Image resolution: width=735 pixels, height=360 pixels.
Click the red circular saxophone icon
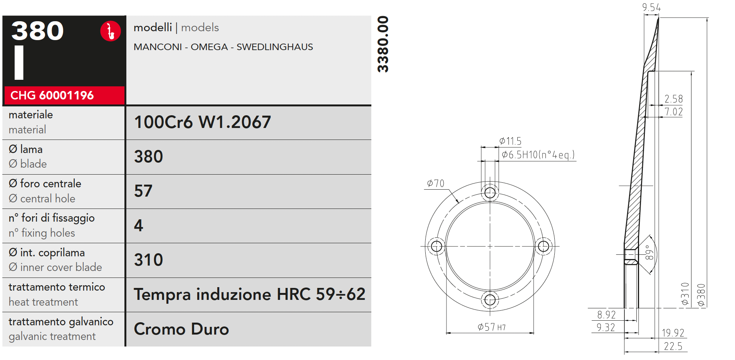click(x=111, y=31)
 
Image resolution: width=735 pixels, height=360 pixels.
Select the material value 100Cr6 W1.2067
click(x=203, y=122)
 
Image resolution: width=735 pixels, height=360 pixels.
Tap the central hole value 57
click(x=143, y=191)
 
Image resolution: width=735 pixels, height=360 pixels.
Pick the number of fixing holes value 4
click(x=139, y=225)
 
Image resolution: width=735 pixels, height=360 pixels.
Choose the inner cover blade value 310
click(x=148, y=260)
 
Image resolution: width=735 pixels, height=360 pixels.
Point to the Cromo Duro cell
click(x=181, y=329)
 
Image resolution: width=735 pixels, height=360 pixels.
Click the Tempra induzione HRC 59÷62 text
click(x=250, y=294)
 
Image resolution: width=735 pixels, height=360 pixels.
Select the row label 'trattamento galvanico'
click(x=61, y=321)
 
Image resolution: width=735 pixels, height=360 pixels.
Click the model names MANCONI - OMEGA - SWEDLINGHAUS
click(x=223, y=47)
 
